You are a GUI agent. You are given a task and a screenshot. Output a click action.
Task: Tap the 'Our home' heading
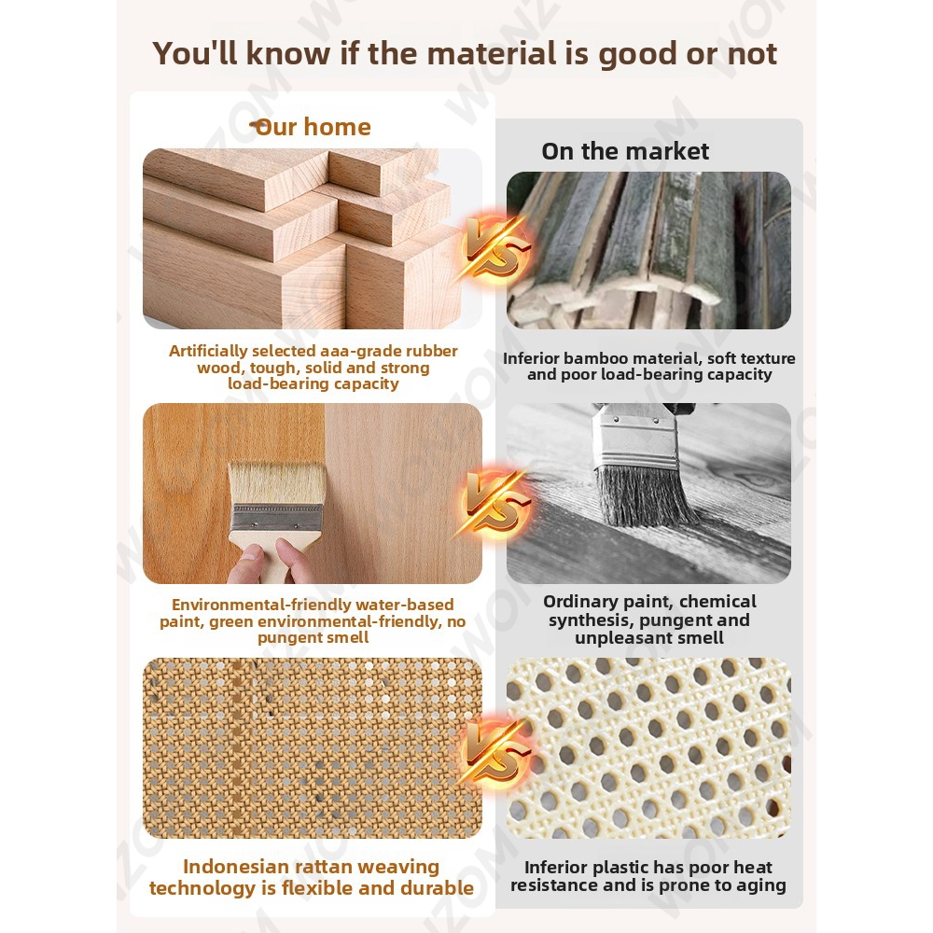tap(312, 127)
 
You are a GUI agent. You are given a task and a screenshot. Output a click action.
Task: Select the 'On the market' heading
tap(625, 151)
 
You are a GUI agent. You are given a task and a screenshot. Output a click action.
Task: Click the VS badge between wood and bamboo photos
tap(494, 247)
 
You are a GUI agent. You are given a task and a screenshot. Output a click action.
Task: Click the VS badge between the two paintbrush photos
tap(494, 503)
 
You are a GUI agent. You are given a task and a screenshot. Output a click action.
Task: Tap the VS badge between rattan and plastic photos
tap(494, 753)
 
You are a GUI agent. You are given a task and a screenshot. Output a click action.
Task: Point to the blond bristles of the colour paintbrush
tap(277, 483)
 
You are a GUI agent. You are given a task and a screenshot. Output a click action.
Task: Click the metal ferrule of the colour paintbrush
tap(276, 518)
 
